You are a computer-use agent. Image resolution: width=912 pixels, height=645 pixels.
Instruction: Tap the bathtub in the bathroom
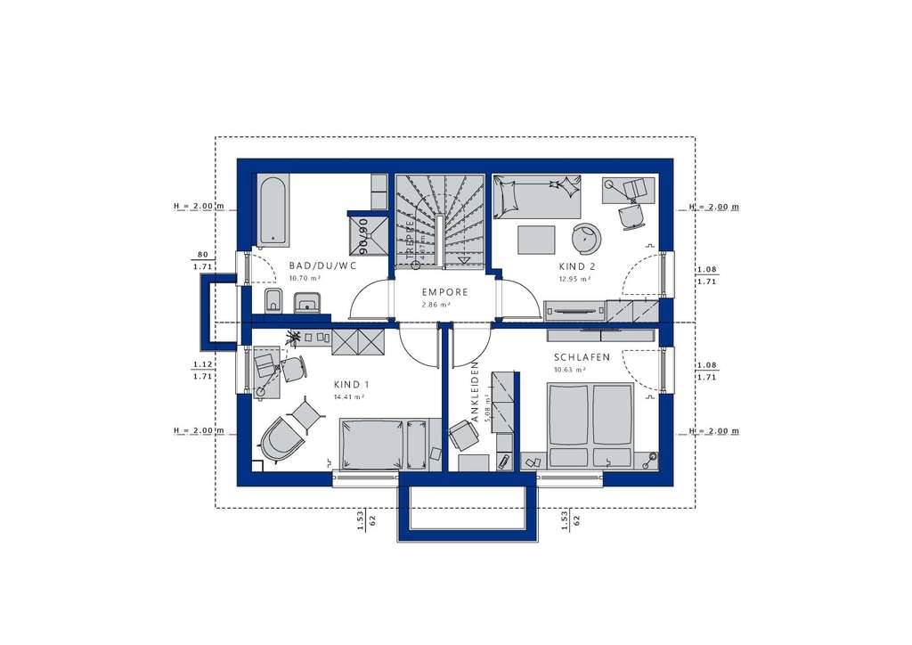pyautogui.click(x=272, y=209)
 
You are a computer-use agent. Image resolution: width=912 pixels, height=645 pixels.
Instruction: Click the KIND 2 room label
pyautogui.click(x=577, y=266)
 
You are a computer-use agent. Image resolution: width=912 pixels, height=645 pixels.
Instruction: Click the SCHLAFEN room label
pyautogui.click(x=582, y=357)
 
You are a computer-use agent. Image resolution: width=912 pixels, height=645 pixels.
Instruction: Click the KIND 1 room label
pyautogui.click(x=352, y=384)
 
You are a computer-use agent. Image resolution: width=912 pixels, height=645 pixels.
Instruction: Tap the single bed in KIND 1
pyautogui.click(x=385, y=444)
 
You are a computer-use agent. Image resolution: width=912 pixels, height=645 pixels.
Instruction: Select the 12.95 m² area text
pyautogui.click(x=574, y=279)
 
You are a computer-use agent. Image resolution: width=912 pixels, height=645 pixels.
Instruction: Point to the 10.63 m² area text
pyautogui.click(x=568, y=370)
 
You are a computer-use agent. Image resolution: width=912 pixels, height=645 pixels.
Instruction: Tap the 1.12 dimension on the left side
pyautogui.click(x=201, y=363)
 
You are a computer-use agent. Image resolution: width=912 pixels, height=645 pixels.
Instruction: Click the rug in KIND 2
pyautogui.click(x=537, y=239)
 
